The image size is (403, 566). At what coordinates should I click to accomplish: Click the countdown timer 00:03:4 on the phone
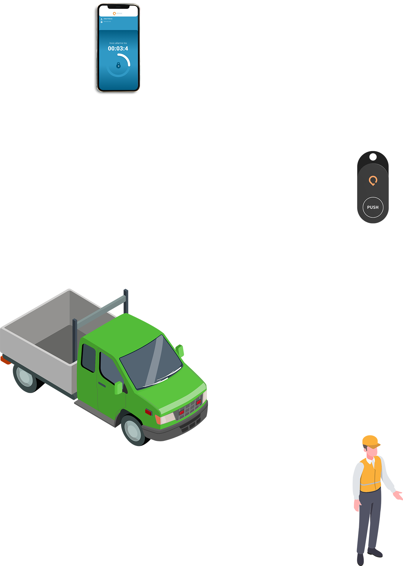pyautogui.click(x=118, y=49)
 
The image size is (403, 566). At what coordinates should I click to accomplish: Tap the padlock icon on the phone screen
pyautogui.click(x=118, y=66)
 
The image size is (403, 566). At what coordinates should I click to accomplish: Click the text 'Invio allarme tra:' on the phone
pyautogui.click(x=118, y=43)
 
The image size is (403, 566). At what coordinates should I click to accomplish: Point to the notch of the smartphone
pyautogui.click(x=118, y=6)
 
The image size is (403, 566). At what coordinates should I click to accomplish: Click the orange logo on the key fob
pyautogui.click(x=373, y=181)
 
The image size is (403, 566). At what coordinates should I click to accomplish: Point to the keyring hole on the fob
pyautogui.click(x=373, y=157)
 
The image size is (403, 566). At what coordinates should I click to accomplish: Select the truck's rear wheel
pyautogui.click(x=25, y=376)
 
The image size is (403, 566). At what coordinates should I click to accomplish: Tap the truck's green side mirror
pyautogui.click(x=118, y=388)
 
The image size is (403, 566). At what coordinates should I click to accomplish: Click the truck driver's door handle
pyautogui.click(x=102, y=385)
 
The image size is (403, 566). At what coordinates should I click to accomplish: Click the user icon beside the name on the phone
pyautogui.click(x=102, y=19)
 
